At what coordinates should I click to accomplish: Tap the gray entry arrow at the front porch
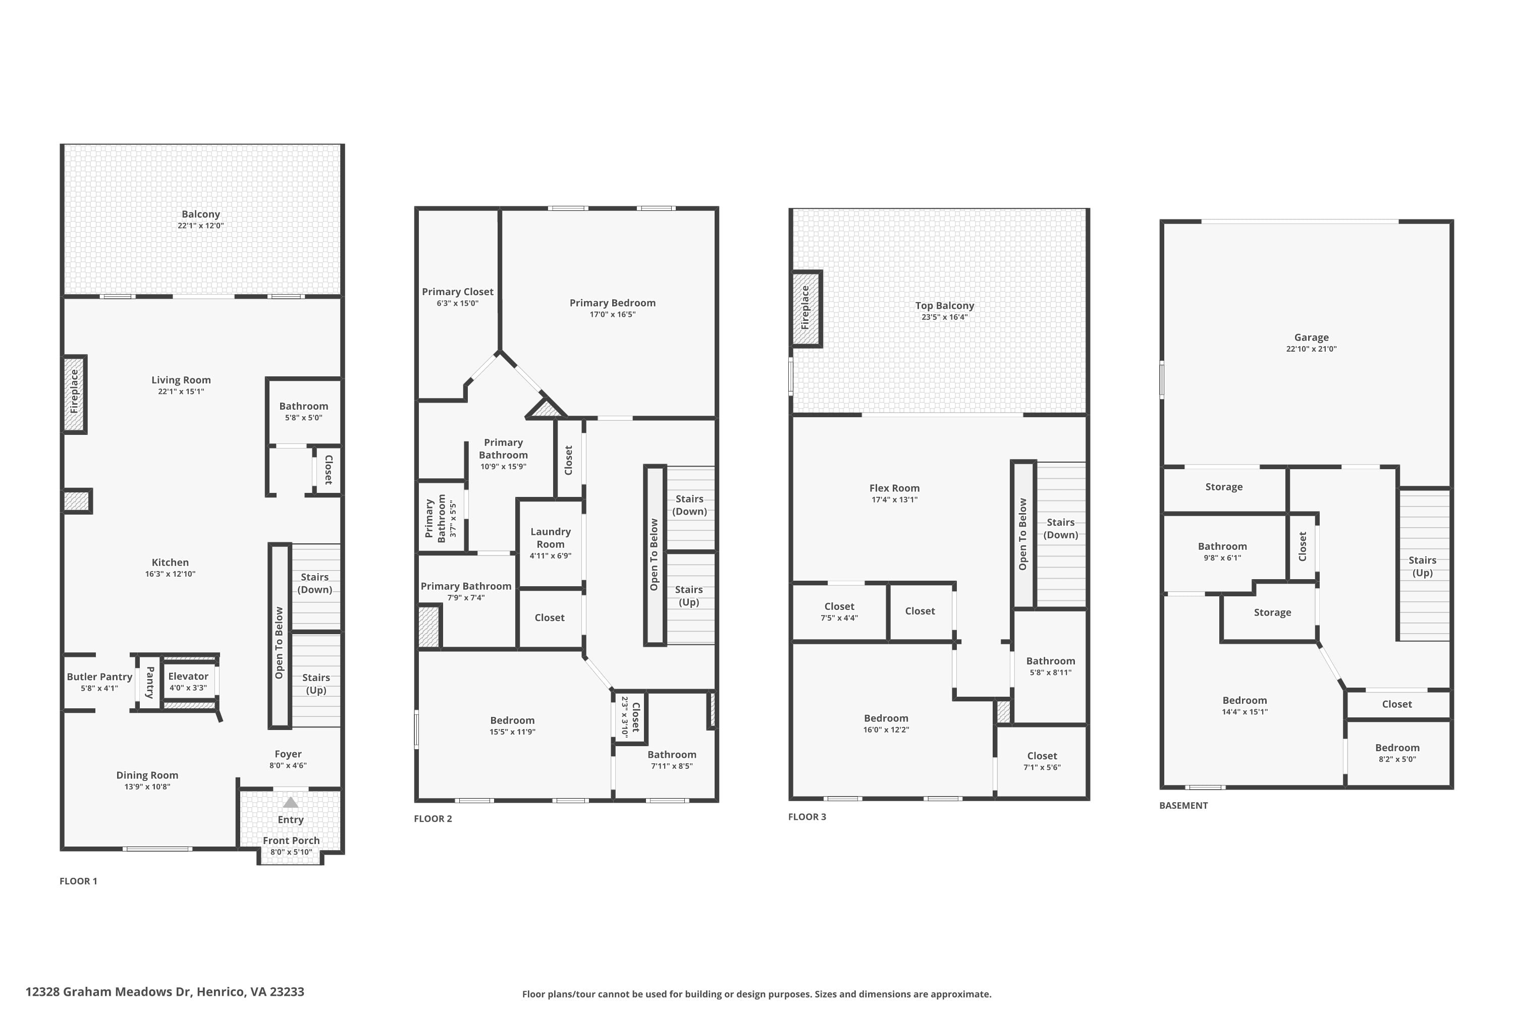(x=291, y=803)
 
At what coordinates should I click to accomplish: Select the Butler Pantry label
(x=100, y=677)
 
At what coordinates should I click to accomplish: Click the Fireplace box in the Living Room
(x=75, y=394)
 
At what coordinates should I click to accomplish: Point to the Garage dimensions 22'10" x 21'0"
(x=1311, y=349)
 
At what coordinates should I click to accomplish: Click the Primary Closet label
(x=458, y=292)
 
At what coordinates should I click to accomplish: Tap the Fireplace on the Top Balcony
(x=806, y=309)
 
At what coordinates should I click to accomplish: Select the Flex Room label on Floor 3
(x=894, y=488)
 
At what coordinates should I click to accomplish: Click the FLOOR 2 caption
(x=433, y=818)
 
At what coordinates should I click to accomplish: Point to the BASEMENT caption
(x=1183, y=805)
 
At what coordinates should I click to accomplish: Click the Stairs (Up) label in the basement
(x=1422, y=566)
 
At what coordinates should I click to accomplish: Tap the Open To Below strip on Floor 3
(x=1023, y=534)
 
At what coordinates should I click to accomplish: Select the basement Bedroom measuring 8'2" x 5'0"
(x=1397, y=753)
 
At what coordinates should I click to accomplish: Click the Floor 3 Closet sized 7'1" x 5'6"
(x=1042, y=761)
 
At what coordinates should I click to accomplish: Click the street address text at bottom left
(x=165, y=992)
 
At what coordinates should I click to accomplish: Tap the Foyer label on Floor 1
(x=288, y=754)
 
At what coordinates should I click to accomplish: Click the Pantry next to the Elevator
(x=149, y=682)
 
